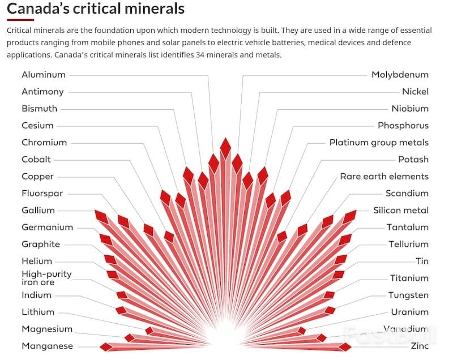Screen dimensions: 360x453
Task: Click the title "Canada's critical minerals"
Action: click(x=96, y=9)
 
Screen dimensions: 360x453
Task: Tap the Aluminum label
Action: click(x=44, y=75)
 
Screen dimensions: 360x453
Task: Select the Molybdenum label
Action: click(x=400, y=75)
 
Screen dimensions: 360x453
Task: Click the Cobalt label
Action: click(x=36, y=160)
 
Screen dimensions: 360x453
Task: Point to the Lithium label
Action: click(x=38, y=312)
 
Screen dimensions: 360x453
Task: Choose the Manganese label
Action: click(x=47, y=346)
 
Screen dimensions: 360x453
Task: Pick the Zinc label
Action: click(x=420, y=346)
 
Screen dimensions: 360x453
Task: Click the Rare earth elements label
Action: click(x=384, y=177)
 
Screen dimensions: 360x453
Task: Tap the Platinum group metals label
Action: click(x=379, y=143)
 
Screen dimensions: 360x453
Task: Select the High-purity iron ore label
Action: click(x=46, y=277)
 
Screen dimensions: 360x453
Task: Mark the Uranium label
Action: click(x=409, y=312)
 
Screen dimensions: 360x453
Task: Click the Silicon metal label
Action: click(x=400, y=211)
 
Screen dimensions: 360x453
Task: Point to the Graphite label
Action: click(x=41, y=245)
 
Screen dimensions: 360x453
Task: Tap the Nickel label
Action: click(x=415, y=92)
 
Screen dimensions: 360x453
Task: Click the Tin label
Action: click(x=422, y=262)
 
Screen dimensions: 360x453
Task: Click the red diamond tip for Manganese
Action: click(x=105, y=346)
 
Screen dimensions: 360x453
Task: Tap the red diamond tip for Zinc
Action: click(x=345, y=346)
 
